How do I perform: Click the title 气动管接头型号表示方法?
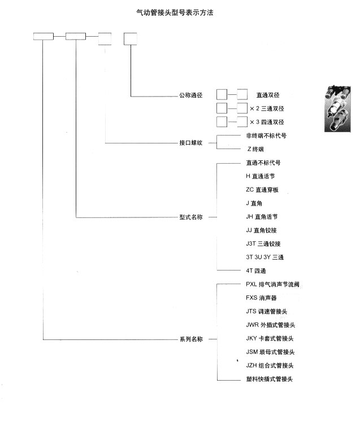click(175, 12)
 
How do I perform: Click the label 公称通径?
click(191, 95)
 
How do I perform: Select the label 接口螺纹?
click(191, 143)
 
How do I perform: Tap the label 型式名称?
click(191, 217)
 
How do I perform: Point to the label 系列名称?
click(191, 339)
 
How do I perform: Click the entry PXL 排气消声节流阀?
click(272, 284)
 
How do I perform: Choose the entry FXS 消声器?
click(261, 298)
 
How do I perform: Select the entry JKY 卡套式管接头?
click(270, 338)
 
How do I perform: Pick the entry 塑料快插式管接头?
click(270, 379)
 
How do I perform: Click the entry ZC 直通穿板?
click(262, 190)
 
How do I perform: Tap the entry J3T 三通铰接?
click(263, 244)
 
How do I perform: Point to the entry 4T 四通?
click(256, 271)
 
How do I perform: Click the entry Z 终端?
click(255, 149)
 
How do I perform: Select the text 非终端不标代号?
click(266, 136)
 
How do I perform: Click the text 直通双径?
click(268, 95)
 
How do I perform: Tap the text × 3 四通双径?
click(267, 122)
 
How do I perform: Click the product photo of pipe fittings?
click(337, 109)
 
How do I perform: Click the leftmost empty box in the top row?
click(44, 36)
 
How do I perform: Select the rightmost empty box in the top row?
click(131, 39)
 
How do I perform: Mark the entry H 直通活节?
click(261, 176)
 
